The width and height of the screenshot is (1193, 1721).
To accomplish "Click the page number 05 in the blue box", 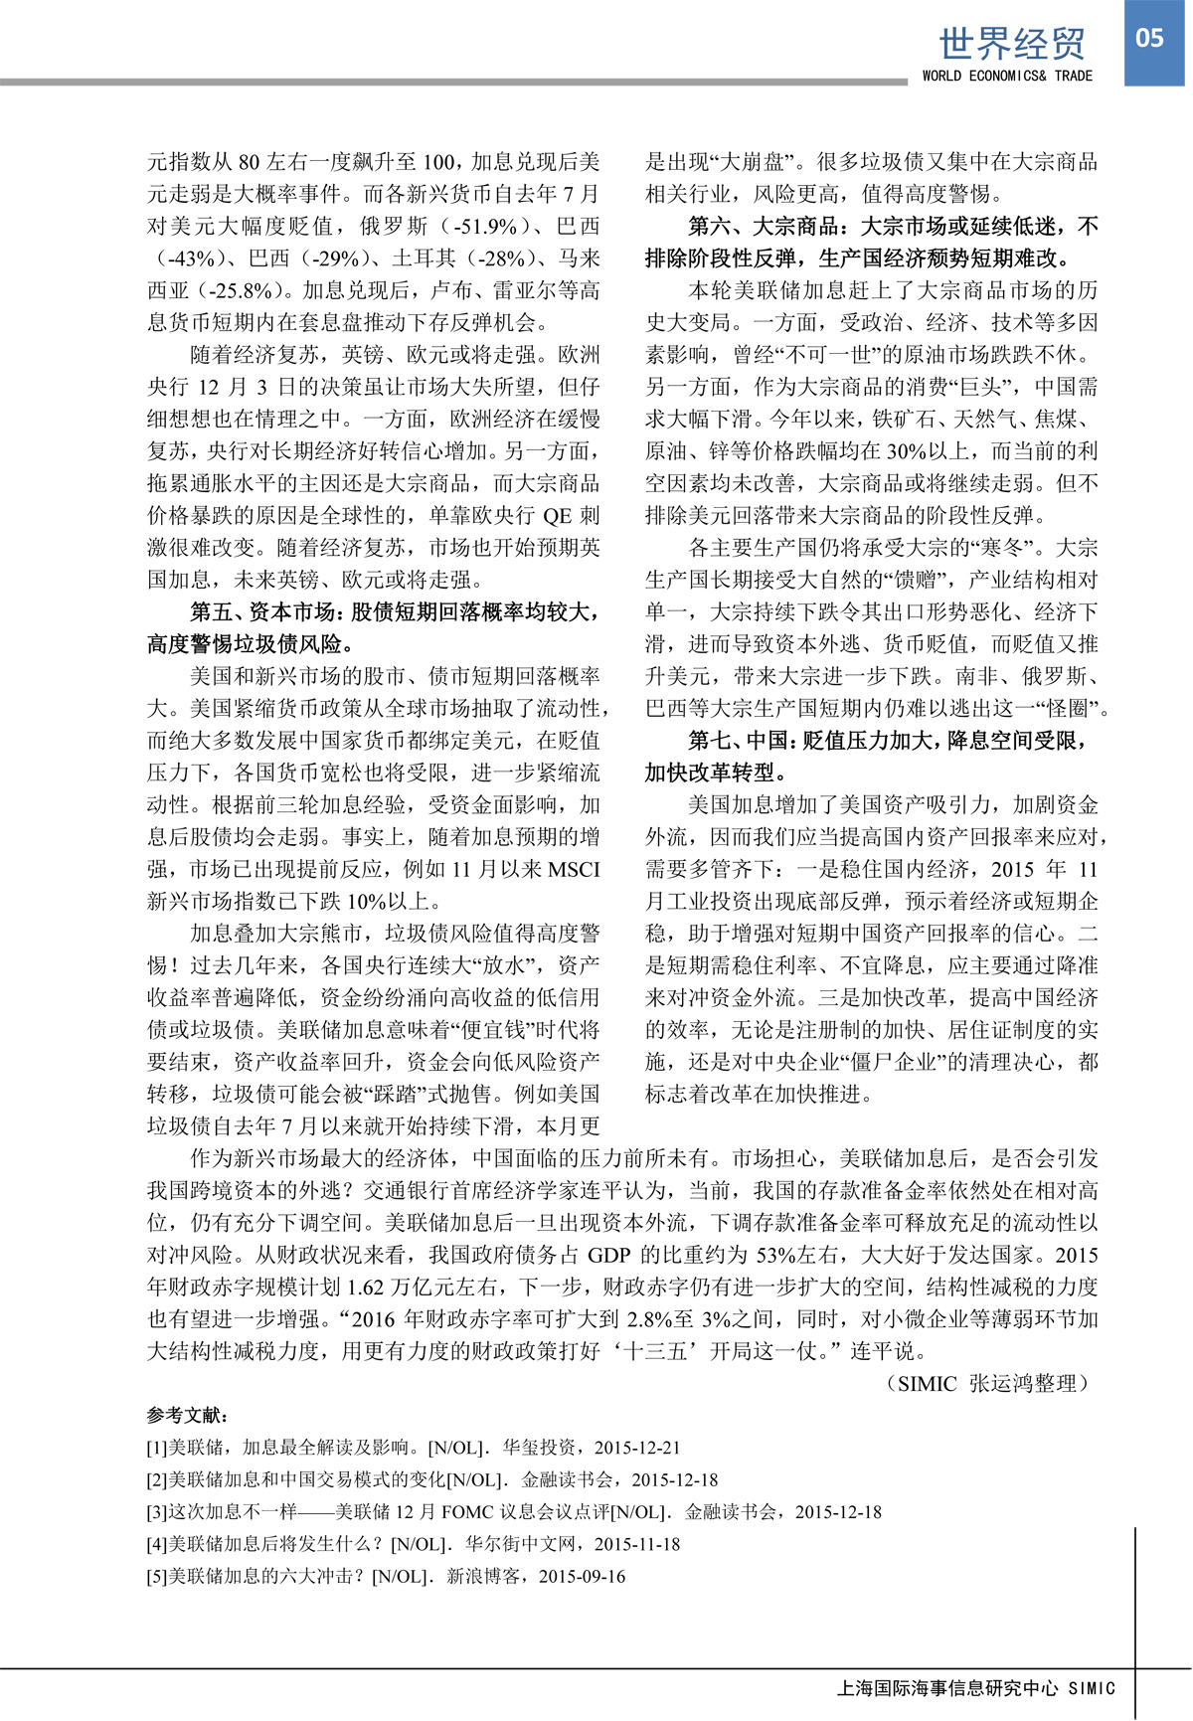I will coord(1149,39).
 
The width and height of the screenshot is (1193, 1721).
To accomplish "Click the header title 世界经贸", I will coord(1012,44).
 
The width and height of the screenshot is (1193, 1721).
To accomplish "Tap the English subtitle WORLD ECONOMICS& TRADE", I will coord(1007,76).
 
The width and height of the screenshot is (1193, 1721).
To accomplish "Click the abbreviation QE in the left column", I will coord(557,515).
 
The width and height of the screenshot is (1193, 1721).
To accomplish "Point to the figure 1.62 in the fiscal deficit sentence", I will coord(365,1287).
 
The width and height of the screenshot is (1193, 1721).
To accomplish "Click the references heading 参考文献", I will coord(188,1415).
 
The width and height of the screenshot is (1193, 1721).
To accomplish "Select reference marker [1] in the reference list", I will coord(157,1448).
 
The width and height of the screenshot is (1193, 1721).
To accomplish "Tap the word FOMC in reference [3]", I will coord(467,1512).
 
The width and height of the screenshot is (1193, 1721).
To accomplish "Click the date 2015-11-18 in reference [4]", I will coord(637,1544).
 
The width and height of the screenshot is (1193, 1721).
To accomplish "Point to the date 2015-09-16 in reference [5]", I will coord(583,1576).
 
